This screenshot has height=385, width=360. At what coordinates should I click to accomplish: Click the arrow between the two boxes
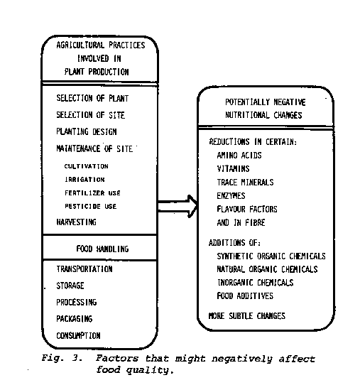click(x=178, y=206)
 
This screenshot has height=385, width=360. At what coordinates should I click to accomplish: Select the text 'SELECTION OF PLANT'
click(x=92, y=98)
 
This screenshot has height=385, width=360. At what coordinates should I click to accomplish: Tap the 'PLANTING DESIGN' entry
click(x=87, y=131)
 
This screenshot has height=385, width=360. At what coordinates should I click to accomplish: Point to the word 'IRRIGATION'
click(x=84, y=180)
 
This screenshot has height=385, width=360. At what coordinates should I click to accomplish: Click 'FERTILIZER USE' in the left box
click(x=92, y=193)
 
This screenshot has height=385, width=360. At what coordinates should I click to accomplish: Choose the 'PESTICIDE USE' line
click(x=91, y=206)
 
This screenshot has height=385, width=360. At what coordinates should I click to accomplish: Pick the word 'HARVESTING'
click(x=76, y=222)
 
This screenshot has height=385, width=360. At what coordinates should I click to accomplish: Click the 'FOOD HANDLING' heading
click(x=102, y=249)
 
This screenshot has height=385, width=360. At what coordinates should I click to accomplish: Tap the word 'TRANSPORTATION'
click(x=84, y=269)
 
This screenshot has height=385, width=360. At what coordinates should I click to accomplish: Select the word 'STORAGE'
click(x=70, y=286)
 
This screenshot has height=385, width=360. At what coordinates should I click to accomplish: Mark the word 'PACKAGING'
click(x=75, y=319)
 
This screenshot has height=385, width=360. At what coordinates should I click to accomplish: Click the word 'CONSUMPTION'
click(x=78, y=335)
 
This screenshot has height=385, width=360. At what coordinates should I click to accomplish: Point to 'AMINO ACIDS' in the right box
click(x=239, y=155)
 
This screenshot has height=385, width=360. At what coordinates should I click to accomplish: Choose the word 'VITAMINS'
click(x=233, y=168)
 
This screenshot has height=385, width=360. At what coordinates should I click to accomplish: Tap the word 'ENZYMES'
click(x=231, y=195)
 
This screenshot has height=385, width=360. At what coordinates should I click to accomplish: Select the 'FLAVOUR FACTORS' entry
click(x=247, y=209)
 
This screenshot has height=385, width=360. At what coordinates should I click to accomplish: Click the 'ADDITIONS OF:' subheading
click(x=234, y=243)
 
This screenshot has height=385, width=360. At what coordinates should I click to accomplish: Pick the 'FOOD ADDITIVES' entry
click(x=245, y=296)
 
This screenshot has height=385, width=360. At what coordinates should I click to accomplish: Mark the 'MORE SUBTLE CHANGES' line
click(x=247, y=316)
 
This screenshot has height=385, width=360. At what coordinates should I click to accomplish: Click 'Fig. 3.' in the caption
click(x=62, y=358)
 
